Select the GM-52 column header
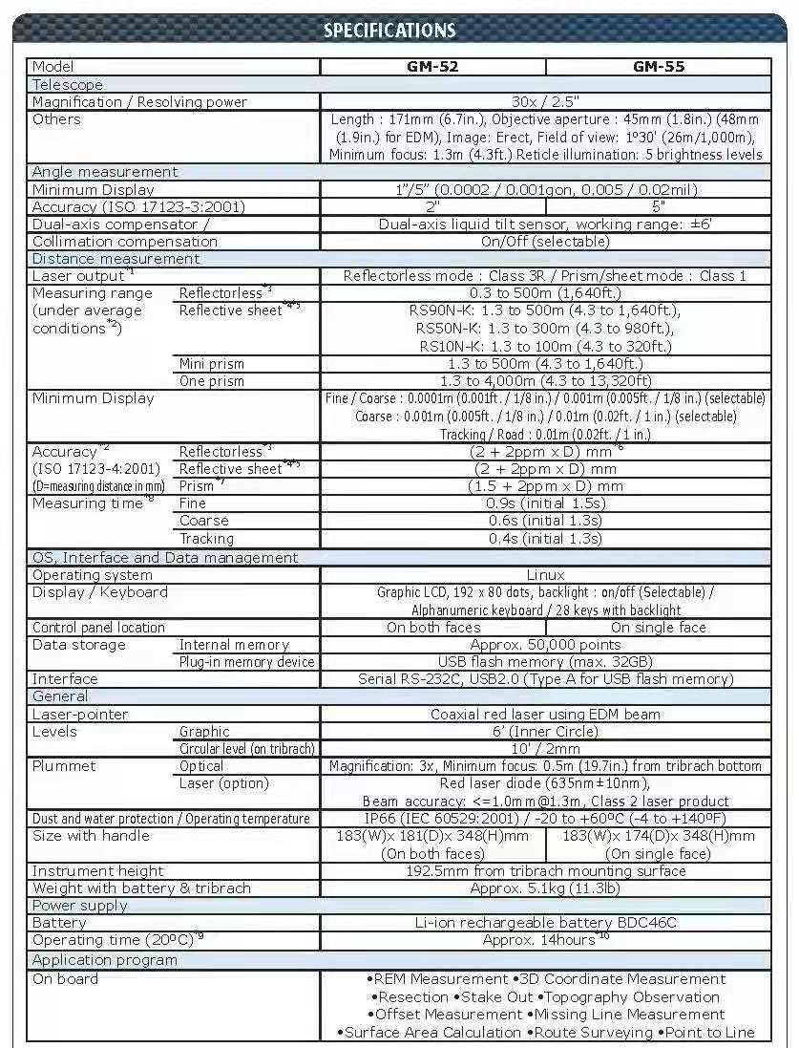(433, 67)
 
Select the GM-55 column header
(659, 67)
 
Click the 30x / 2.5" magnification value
(545, 101)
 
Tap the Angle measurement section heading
(105, 172)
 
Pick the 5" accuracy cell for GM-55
(659, 206)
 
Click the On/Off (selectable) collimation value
(545, 242)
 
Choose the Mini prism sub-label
(212, 363)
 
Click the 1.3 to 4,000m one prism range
(545, 380)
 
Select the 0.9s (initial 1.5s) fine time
(545, 503)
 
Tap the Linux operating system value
(545, 575)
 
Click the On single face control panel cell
(659, 628)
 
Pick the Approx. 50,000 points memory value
(545, 645)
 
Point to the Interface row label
(65, 679)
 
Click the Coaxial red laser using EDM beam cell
(545, 714)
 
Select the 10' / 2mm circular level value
(545, 749)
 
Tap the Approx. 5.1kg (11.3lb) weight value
(545, 888)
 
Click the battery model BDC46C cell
(545, 923)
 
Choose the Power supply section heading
(80, 906)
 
